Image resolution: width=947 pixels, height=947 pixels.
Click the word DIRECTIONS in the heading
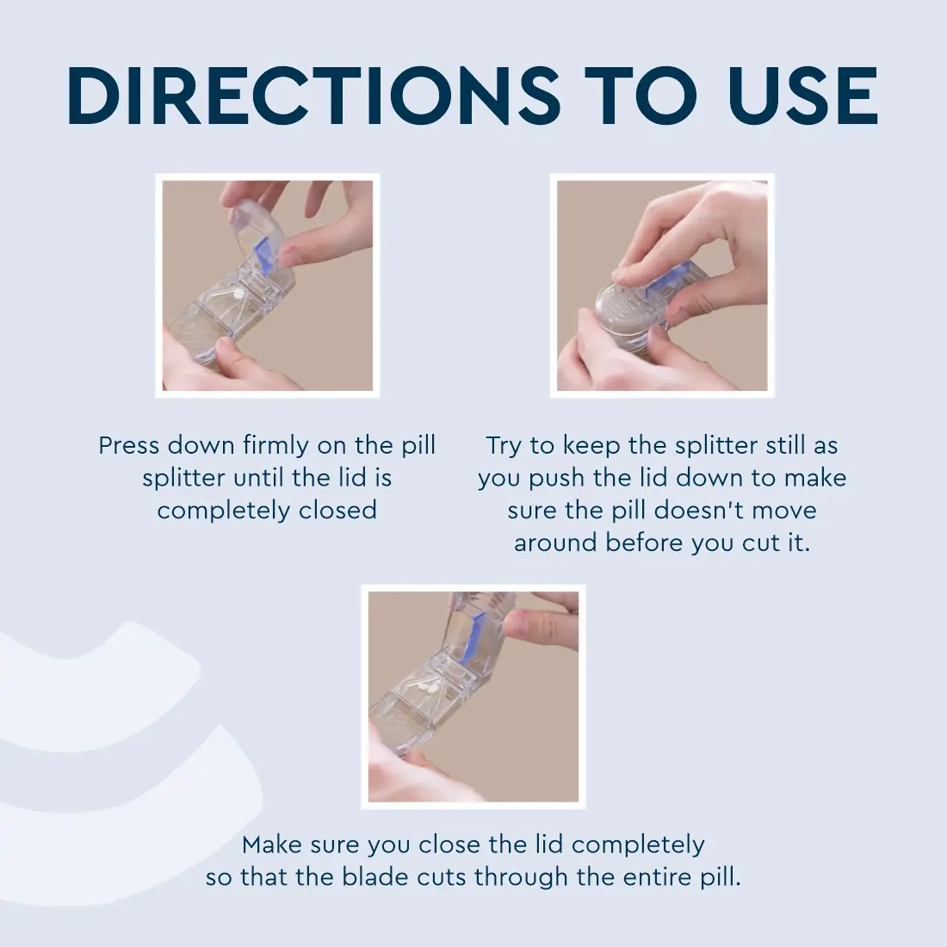(314, 96)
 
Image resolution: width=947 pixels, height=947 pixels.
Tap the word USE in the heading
(802, 96)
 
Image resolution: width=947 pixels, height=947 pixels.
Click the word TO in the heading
(644, 96)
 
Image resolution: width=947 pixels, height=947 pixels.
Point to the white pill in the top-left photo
(238, 294)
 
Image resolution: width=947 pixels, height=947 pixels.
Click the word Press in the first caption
(128, 446)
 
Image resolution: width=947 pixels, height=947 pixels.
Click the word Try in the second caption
(504, 447)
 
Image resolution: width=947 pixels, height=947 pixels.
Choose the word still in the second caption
(786, 446)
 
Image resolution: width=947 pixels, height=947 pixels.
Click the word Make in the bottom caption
(272, 845)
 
